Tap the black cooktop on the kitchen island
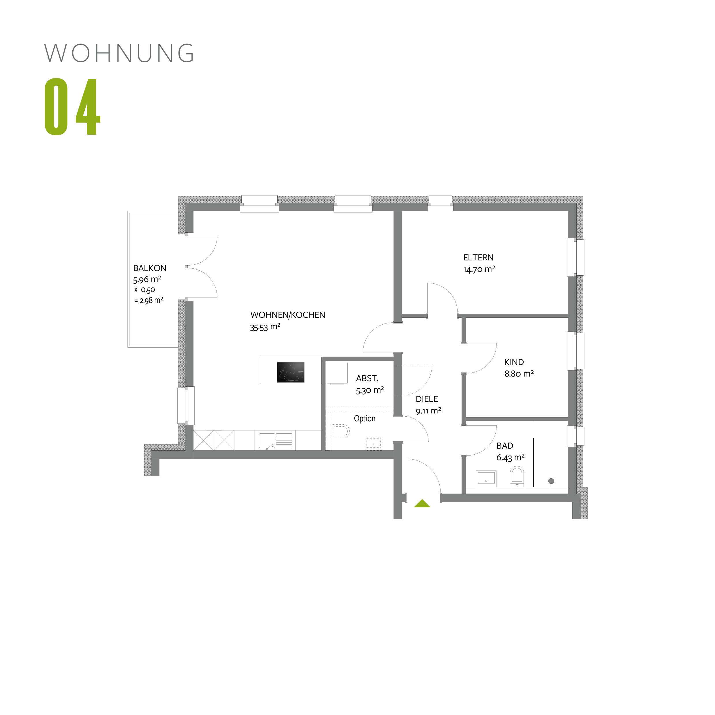point(291,372)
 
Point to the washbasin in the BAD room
point(486,478)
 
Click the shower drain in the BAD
point(551,481)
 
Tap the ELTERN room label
point(478,257)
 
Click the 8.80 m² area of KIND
point(519,374)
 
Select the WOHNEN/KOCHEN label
point(287,315)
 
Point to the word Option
point(364,419)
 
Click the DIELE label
point(427,399)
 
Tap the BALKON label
point(150,268)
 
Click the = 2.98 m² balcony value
point(148,300)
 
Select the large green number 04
point(73,107)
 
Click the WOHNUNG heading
point(119,53)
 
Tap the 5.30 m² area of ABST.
point(370,390)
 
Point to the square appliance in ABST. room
point(337,373)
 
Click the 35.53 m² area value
point(265,327)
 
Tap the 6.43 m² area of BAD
point(510,458)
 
